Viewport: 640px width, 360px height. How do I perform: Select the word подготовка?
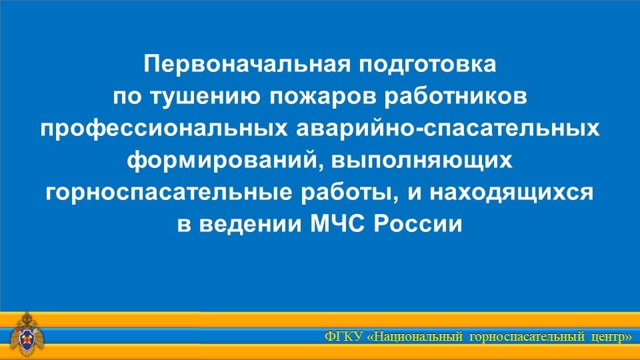(427, 65)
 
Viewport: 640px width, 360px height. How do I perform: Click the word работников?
(455, 97)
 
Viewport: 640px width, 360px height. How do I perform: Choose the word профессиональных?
(164, 129)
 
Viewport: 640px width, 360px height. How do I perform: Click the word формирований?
(223, 160)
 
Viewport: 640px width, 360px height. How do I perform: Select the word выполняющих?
(421, 161)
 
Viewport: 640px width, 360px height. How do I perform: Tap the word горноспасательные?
(169, 193)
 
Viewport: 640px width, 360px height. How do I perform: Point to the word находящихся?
(511, 193)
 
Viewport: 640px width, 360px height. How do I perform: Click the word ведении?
(251, 224)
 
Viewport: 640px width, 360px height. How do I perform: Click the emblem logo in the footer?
(27, 334)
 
